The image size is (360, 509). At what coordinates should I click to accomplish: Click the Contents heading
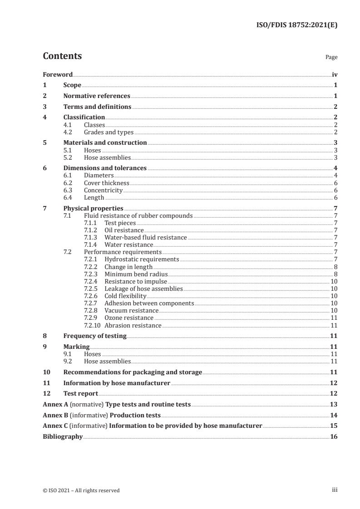(62, 56)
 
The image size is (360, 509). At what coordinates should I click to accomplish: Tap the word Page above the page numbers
(331, 58)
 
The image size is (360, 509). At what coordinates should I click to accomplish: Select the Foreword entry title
(58, 75)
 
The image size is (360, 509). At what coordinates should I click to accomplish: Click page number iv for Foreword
(334, 75)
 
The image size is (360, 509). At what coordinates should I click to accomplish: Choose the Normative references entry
(97, 96)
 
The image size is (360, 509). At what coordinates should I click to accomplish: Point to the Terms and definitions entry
(97, 107)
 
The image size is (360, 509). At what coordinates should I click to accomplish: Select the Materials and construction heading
(105, 143)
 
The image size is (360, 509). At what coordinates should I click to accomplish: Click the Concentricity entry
(104, 191)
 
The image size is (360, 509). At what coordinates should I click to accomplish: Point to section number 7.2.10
(93, 325)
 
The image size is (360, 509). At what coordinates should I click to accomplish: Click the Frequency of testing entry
(95, 336)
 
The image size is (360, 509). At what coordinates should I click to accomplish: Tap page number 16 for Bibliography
(334, 437)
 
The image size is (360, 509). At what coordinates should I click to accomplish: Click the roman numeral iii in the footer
(334, 490)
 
